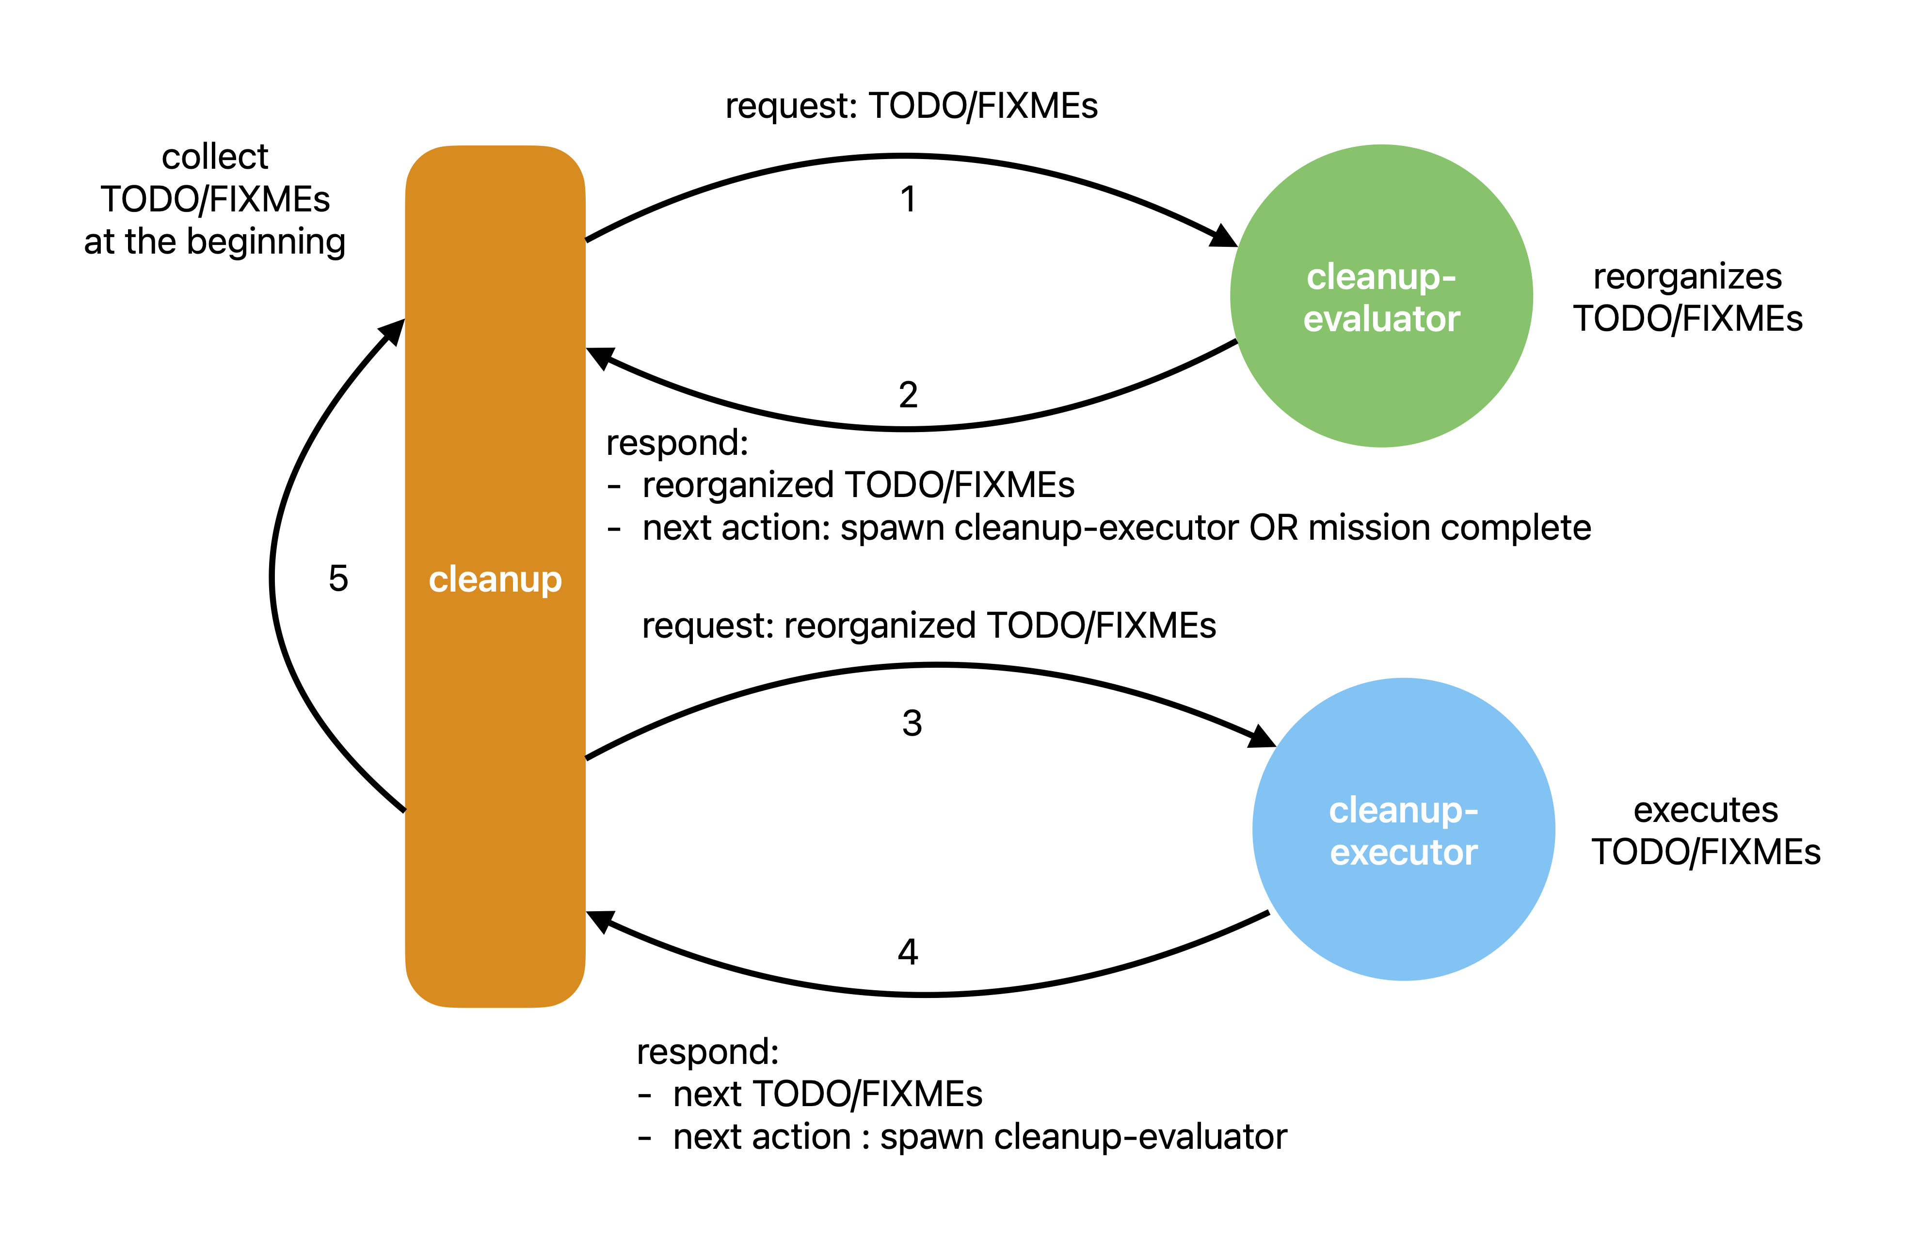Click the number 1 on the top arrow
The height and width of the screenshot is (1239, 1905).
click(x=908, y=199)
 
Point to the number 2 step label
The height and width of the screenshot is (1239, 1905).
click(x=908, y=395)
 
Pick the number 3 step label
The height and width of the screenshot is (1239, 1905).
click(x=912, y=723)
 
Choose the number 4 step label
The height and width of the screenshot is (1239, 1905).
click(x=908, y=951)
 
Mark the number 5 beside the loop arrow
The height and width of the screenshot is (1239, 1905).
click(x=338, y=578)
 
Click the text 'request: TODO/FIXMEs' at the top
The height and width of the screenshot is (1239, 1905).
click(x=911, y=106)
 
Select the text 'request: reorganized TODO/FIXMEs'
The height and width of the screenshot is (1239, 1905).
click(x=928, y=625)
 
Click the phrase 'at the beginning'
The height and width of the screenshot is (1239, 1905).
click(x=214, y=241)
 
